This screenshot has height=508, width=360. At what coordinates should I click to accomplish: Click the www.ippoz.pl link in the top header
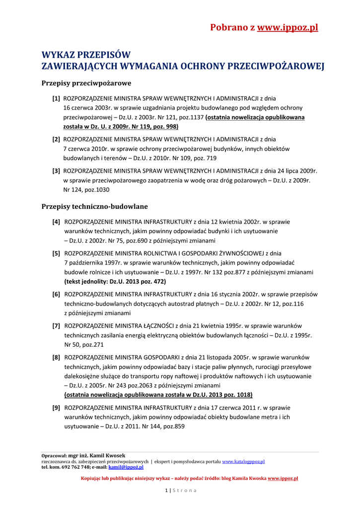[288, 28]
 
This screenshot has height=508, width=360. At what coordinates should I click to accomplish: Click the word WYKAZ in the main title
[58, 55]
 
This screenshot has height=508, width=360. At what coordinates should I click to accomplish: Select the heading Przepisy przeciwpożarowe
[86, 83]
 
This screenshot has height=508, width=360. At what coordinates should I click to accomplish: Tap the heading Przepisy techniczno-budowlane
[94, 206]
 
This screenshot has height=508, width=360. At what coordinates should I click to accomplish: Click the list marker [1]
[56, 98]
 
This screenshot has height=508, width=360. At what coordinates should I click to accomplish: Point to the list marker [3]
[56, 171]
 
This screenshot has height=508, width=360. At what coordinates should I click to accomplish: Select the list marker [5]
[56, 254]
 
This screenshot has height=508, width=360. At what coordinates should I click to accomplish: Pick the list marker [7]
[56, 326]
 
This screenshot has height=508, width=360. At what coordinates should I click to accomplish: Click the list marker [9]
[56, 407]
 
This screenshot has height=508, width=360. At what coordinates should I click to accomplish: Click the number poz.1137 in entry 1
[191, 117]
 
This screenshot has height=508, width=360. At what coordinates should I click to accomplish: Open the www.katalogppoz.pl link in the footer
[243, 461]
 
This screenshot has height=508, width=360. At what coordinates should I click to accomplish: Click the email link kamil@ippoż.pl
[126, 467]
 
